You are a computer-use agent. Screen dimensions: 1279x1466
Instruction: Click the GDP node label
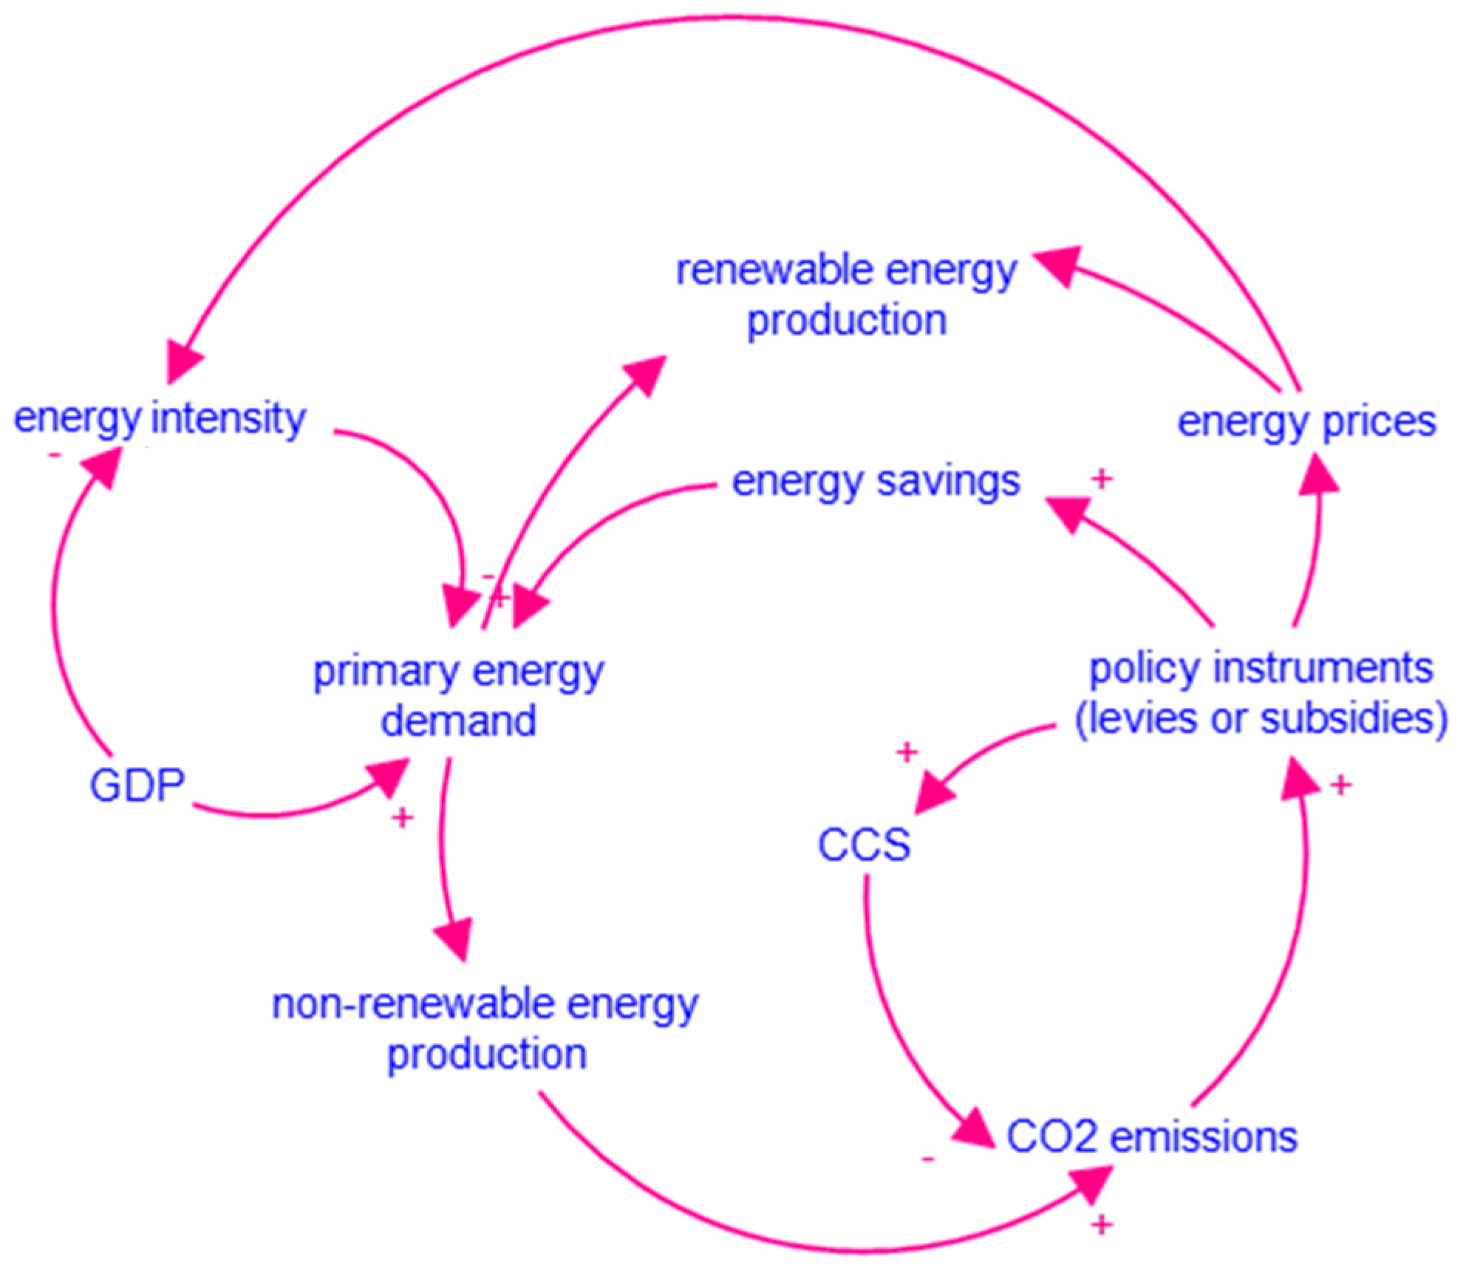[x=137, y=785]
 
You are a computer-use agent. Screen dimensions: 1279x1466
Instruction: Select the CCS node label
[x=864, y=844]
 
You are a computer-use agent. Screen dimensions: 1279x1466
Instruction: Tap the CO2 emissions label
[x=1151, y=1136]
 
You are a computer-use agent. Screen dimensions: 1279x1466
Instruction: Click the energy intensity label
[x=159, y=418]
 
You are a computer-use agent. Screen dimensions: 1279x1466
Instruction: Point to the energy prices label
[x=1306, y=422]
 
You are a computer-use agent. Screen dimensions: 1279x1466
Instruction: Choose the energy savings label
[x=876, y=481]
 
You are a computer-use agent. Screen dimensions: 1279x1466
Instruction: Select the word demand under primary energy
[x=458, y=720]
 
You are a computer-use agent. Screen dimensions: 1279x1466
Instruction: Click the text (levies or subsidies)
[x=1261, y=718]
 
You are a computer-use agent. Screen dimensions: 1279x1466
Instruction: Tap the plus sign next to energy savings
[x=1102, y=479]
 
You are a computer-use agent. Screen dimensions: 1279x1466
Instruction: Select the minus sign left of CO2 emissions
[x=929, y=1159]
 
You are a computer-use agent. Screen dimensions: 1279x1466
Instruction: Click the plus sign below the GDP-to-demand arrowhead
[x=402, y=817]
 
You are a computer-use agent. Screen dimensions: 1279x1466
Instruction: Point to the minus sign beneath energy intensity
[x=54, y=455]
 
